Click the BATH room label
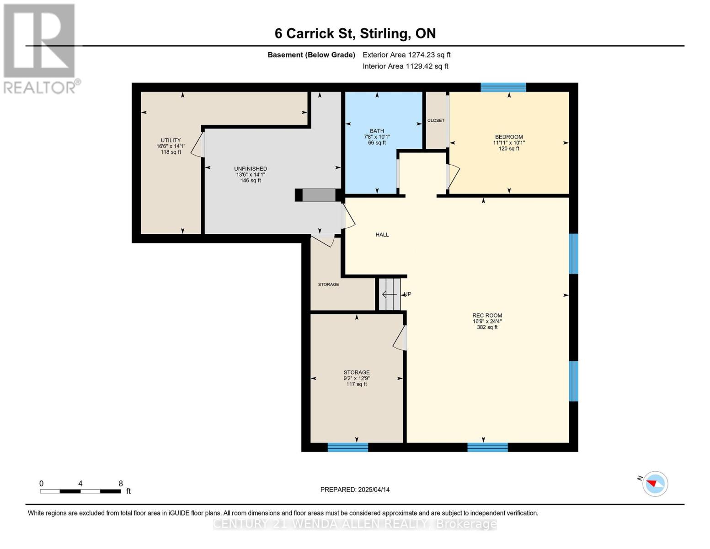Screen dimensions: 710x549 pos(377,131)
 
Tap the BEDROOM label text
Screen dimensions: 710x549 pos(509,137)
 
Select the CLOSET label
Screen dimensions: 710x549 pos(436,120)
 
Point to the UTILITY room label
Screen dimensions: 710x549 pos(171,140)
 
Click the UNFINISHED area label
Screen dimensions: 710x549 pos(251,169)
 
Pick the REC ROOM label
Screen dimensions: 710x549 pos(487,316)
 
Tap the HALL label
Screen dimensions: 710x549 pos(382,235)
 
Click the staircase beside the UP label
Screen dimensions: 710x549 pos(390,294)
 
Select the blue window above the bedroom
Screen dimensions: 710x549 pos(503,87)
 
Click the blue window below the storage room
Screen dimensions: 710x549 pos(347,447)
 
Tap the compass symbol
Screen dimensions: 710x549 pos(655,484)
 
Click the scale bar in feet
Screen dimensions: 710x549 pos(80,491)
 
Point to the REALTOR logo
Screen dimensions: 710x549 pos(41,49)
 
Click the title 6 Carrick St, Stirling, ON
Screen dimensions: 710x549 pos(355,33)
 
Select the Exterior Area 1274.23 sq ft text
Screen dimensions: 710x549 pos(406,55)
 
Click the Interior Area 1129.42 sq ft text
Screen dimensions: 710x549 pos(406,66)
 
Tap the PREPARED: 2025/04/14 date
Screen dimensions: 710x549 pos(355,490)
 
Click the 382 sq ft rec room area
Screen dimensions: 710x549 pos(487,327)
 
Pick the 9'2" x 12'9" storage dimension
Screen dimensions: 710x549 pos(357,378)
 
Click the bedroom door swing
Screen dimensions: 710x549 pos(454,177)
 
